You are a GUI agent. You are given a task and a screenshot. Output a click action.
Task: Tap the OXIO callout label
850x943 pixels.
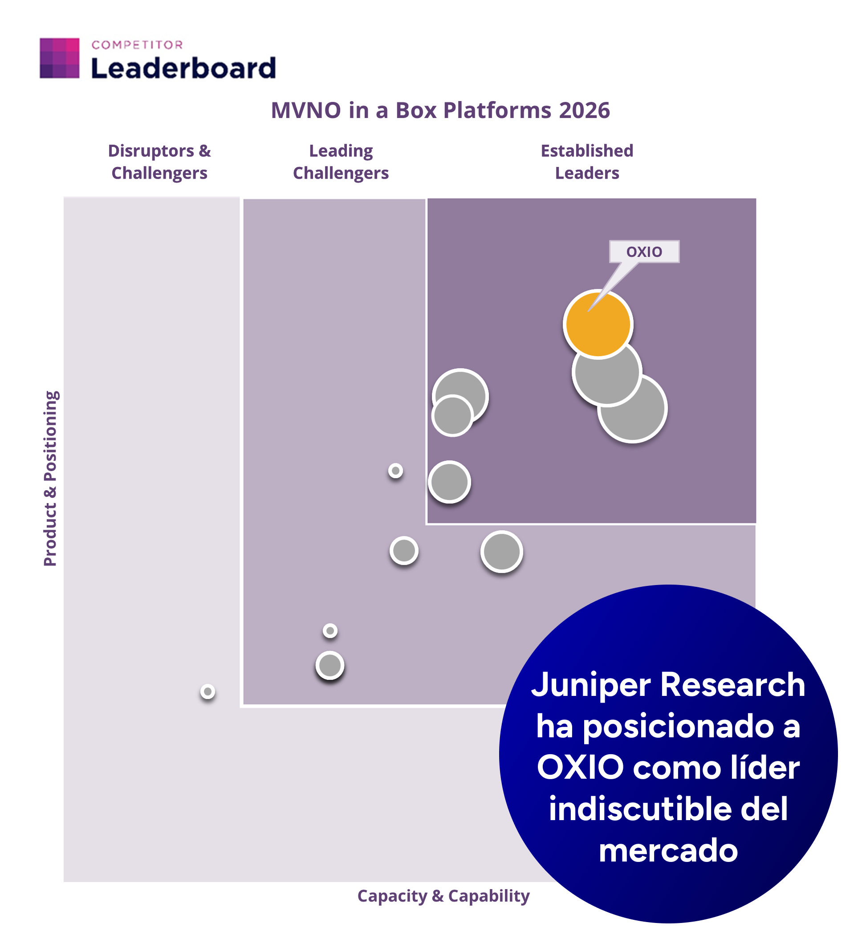644,252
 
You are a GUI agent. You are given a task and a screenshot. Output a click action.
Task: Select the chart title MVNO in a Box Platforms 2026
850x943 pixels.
440,111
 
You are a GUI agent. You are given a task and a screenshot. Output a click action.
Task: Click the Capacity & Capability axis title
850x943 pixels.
443,896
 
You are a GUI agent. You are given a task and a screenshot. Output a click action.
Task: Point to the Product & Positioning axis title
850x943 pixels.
50,478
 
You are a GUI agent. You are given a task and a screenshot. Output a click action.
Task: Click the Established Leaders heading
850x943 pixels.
586,162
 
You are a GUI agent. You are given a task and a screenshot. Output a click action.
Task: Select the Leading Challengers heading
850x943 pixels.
341,162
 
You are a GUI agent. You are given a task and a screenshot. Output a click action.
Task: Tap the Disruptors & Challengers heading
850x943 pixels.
159,162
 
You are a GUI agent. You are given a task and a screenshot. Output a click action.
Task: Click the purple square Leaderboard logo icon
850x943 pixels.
59,58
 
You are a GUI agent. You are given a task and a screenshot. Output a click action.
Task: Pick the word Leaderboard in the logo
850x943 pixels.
183,68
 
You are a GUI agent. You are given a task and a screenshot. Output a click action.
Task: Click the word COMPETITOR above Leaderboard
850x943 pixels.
137,45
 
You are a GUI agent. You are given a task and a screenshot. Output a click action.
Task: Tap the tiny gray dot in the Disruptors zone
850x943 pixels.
208,691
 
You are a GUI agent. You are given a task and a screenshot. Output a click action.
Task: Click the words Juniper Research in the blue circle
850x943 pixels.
668,685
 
